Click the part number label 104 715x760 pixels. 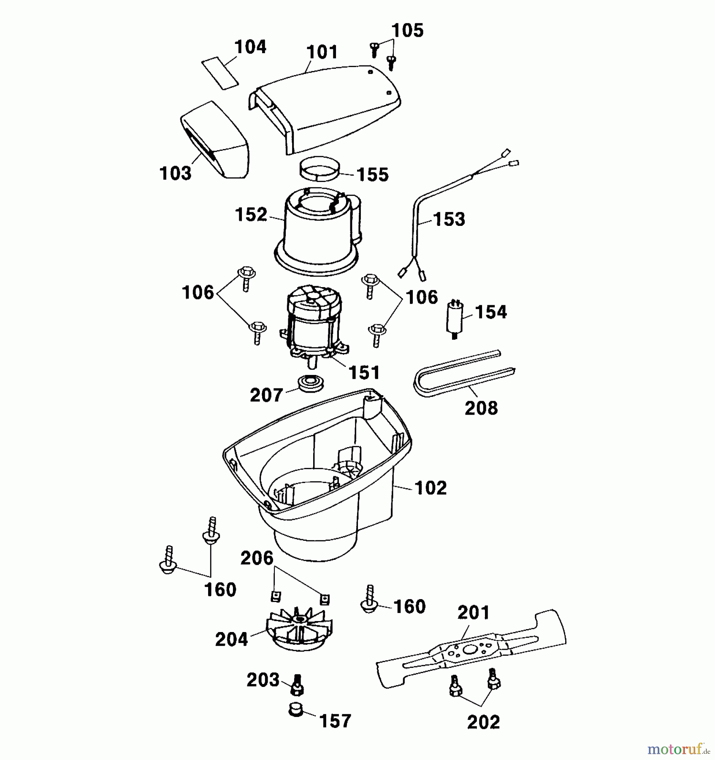point(250,47)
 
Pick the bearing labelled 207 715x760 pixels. point(309,383)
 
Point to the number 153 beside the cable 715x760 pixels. point(449,220)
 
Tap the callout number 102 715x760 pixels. point(431,488)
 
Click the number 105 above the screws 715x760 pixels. point(407,30)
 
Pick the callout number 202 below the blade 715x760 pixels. point(484,722)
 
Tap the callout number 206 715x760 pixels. point(257,558)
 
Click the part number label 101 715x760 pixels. point(322,52)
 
